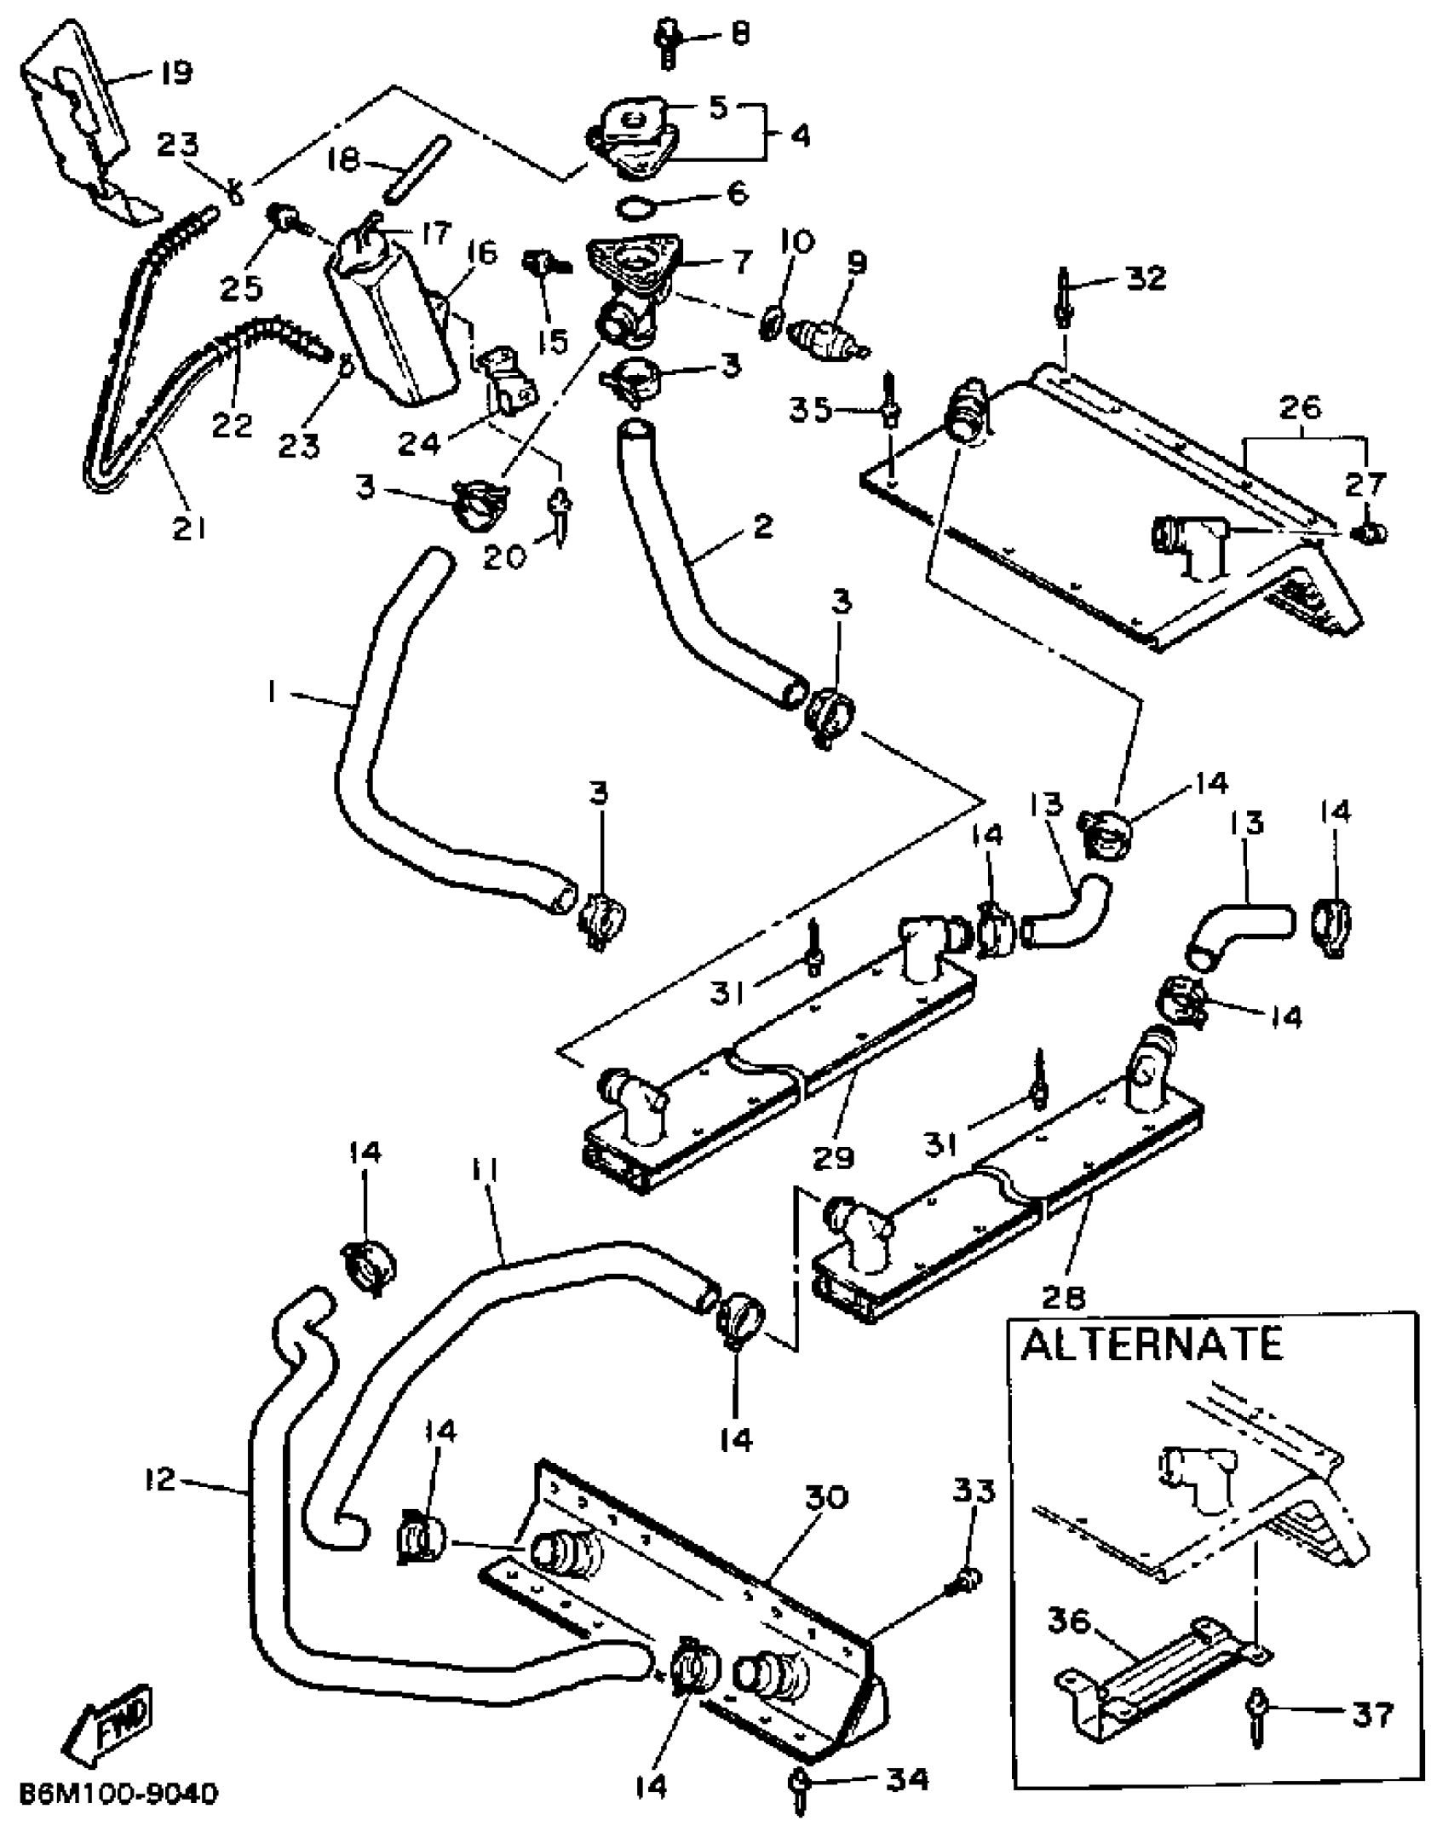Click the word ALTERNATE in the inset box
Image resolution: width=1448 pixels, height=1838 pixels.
click(x=1152, y=1345)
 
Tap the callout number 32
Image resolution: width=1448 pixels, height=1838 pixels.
click(x=1145, y=278)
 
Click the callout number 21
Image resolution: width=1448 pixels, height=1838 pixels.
click(x=189, y=528)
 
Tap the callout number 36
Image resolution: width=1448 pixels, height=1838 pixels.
click(x=1070, y=1621)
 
